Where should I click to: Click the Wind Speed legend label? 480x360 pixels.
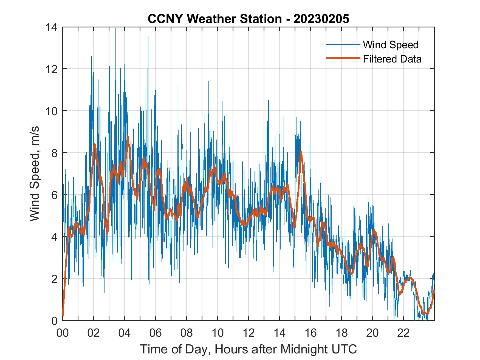click(x=391, y=45)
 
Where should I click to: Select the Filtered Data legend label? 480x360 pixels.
click(x=392, y=59)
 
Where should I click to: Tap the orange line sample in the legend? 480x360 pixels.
click(x=343, y=59)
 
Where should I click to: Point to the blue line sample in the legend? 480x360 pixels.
click(x=343, y=44)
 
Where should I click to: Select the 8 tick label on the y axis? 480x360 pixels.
click(x=55, y=153)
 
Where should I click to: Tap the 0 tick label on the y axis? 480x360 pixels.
click(x=55, y=321)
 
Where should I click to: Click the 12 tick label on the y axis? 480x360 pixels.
click(x=52, y=69)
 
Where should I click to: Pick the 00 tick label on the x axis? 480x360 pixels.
click(x=63, y=333)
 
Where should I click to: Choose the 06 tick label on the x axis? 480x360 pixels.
click(x=155, y=333)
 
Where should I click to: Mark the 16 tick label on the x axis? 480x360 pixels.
click(x=310, y=333)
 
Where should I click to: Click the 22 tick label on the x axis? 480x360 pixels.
click(x=403, y=333)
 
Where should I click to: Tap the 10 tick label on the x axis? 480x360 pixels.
click(x=218, y=333)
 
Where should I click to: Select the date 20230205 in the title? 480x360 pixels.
click(x=321, y=19)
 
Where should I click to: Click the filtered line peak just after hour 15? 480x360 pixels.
click(x=301, y=152)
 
